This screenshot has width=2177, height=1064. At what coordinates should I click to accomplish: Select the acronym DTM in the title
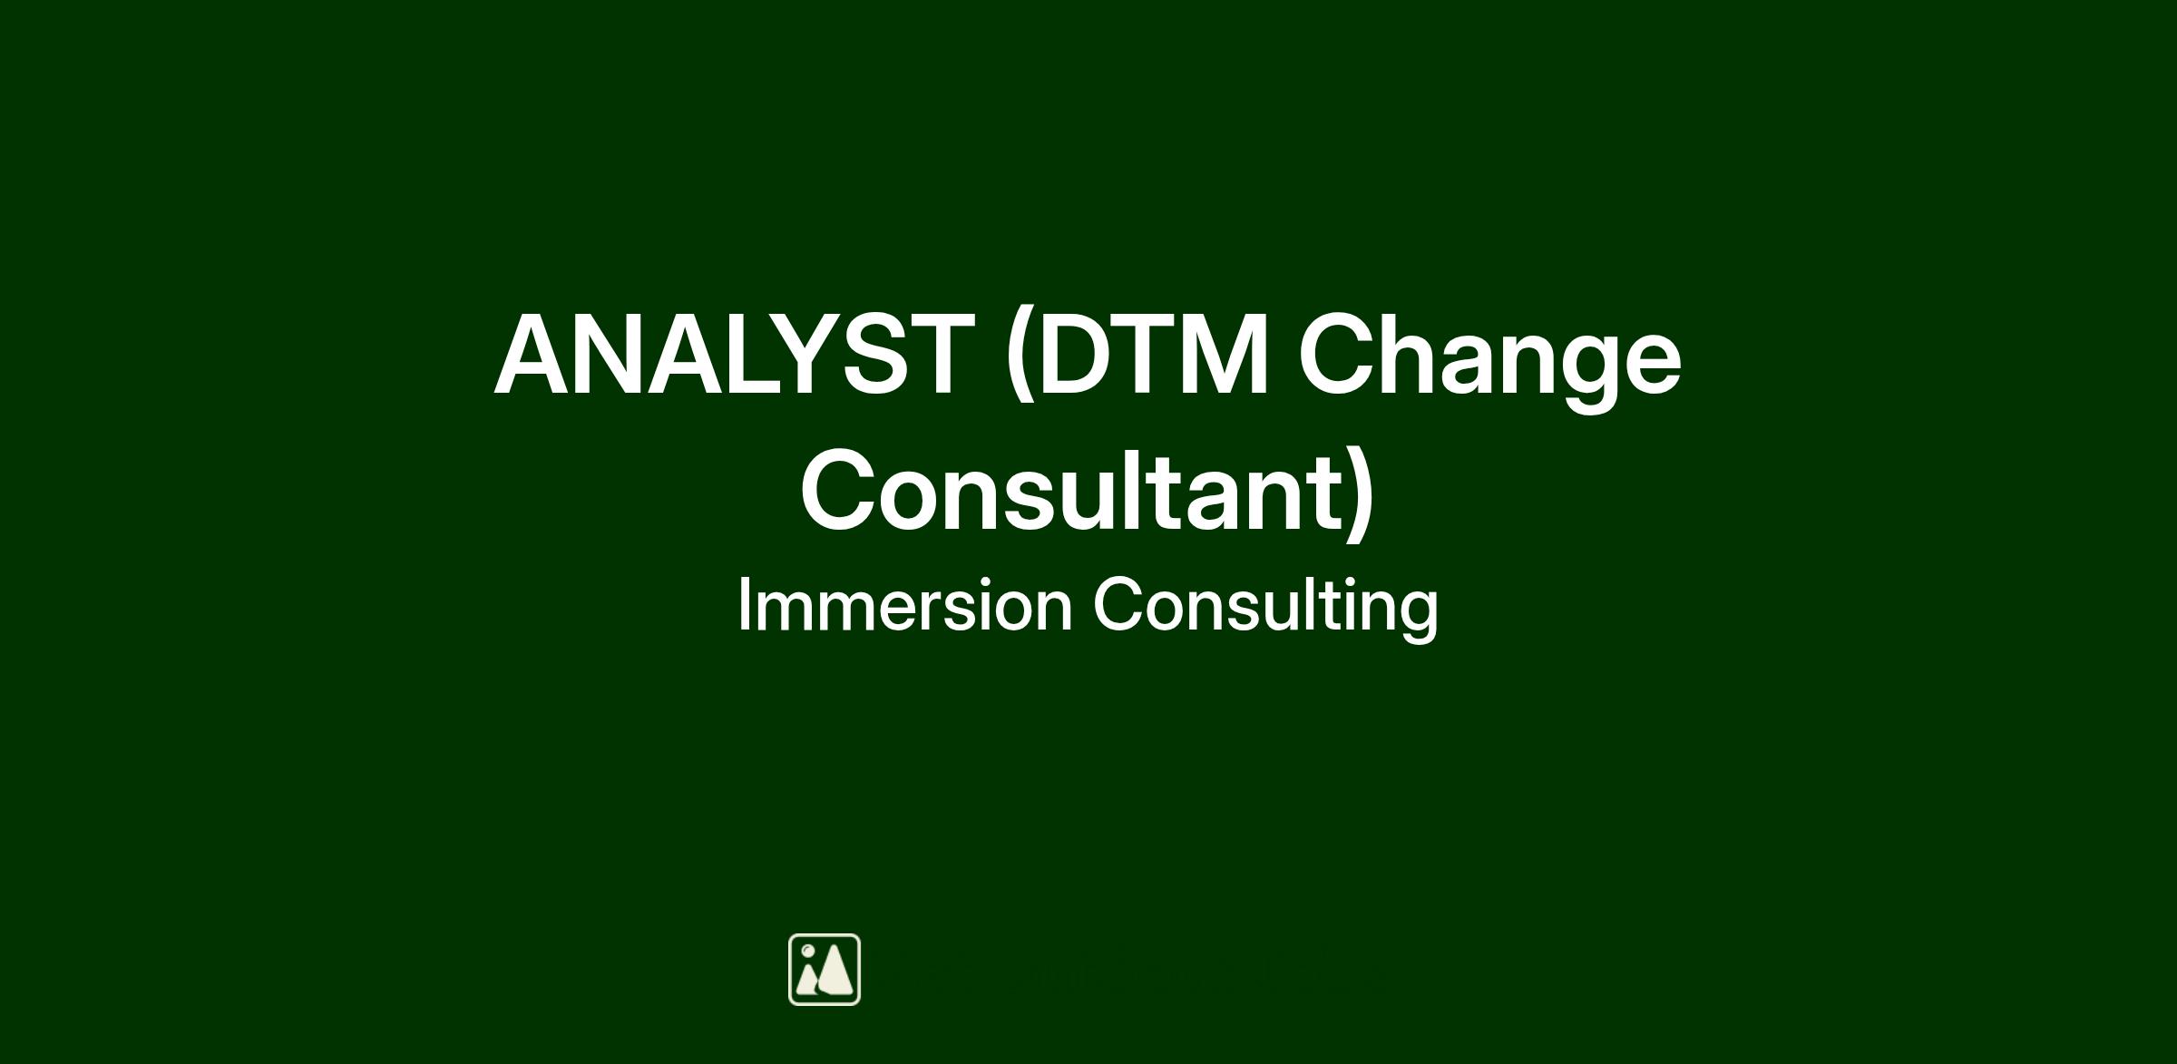[1152, 355]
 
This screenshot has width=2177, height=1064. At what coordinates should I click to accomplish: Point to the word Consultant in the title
[1070, 491]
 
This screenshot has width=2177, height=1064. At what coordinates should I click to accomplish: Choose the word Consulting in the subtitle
[1265, 608]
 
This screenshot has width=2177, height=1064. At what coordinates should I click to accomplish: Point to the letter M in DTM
[1225, 355]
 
